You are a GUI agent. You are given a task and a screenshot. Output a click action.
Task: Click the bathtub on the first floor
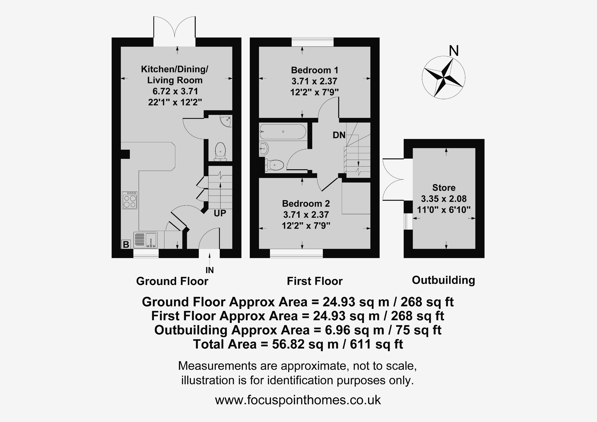283,132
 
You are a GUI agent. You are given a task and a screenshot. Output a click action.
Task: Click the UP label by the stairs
220,213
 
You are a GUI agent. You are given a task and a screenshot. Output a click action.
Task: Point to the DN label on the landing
339,135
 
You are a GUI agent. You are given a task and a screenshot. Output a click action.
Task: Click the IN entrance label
210,270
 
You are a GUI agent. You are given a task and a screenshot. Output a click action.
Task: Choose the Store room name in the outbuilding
444,188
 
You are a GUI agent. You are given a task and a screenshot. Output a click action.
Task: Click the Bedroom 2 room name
306,203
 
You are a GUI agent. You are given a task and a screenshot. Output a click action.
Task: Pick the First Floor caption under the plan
315,281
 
